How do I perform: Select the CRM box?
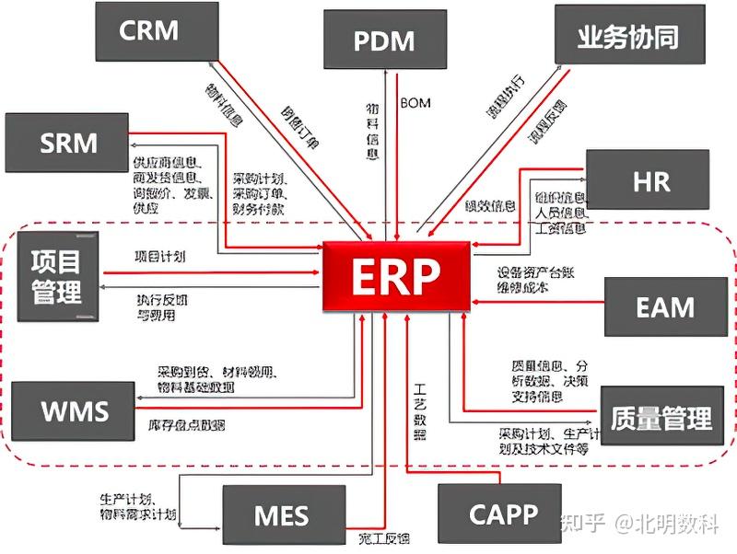[148, 31]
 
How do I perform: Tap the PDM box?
[384, 40]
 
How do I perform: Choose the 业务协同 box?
[629, 36]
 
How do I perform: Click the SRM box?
[68, 144]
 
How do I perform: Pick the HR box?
[650, 181]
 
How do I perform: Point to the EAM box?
[665, 306]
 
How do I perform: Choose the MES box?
[281, 515]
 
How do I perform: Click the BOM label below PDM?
[415, 101]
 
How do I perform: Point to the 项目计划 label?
[159, 257]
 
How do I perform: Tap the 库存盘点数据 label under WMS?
[186, 425]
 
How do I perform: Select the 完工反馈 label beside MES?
[378, 537]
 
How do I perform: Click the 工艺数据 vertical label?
[420, 410]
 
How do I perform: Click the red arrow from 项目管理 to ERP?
[212, 272]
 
